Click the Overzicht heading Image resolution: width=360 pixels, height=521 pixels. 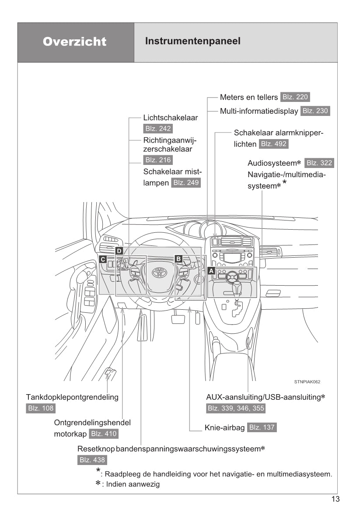75,42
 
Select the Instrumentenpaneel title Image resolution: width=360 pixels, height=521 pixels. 192,42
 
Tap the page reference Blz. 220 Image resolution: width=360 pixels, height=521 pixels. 295,97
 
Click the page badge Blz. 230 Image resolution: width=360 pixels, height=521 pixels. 315,111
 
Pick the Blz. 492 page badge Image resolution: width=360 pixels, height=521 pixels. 274,144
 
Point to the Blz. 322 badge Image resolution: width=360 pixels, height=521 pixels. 319,163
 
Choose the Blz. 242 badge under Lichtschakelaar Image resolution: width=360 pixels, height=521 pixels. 157,129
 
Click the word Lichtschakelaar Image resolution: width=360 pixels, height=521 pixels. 171,118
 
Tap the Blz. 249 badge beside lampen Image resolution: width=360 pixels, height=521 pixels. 186,183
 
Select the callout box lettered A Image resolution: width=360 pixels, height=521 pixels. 211,271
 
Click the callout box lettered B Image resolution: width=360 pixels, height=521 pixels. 178,259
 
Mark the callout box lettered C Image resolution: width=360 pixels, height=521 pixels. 103,259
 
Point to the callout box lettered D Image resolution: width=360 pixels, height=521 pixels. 119,251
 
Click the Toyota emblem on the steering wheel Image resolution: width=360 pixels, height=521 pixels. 158,273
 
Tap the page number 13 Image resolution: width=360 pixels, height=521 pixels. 336,500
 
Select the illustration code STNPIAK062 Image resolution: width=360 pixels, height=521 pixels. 307,381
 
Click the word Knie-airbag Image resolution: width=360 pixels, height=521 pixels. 224,427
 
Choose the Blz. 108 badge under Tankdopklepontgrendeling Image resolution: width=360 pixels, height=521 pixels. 41,409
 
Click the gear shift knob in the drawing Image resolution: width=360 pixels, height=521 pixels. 237,287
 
